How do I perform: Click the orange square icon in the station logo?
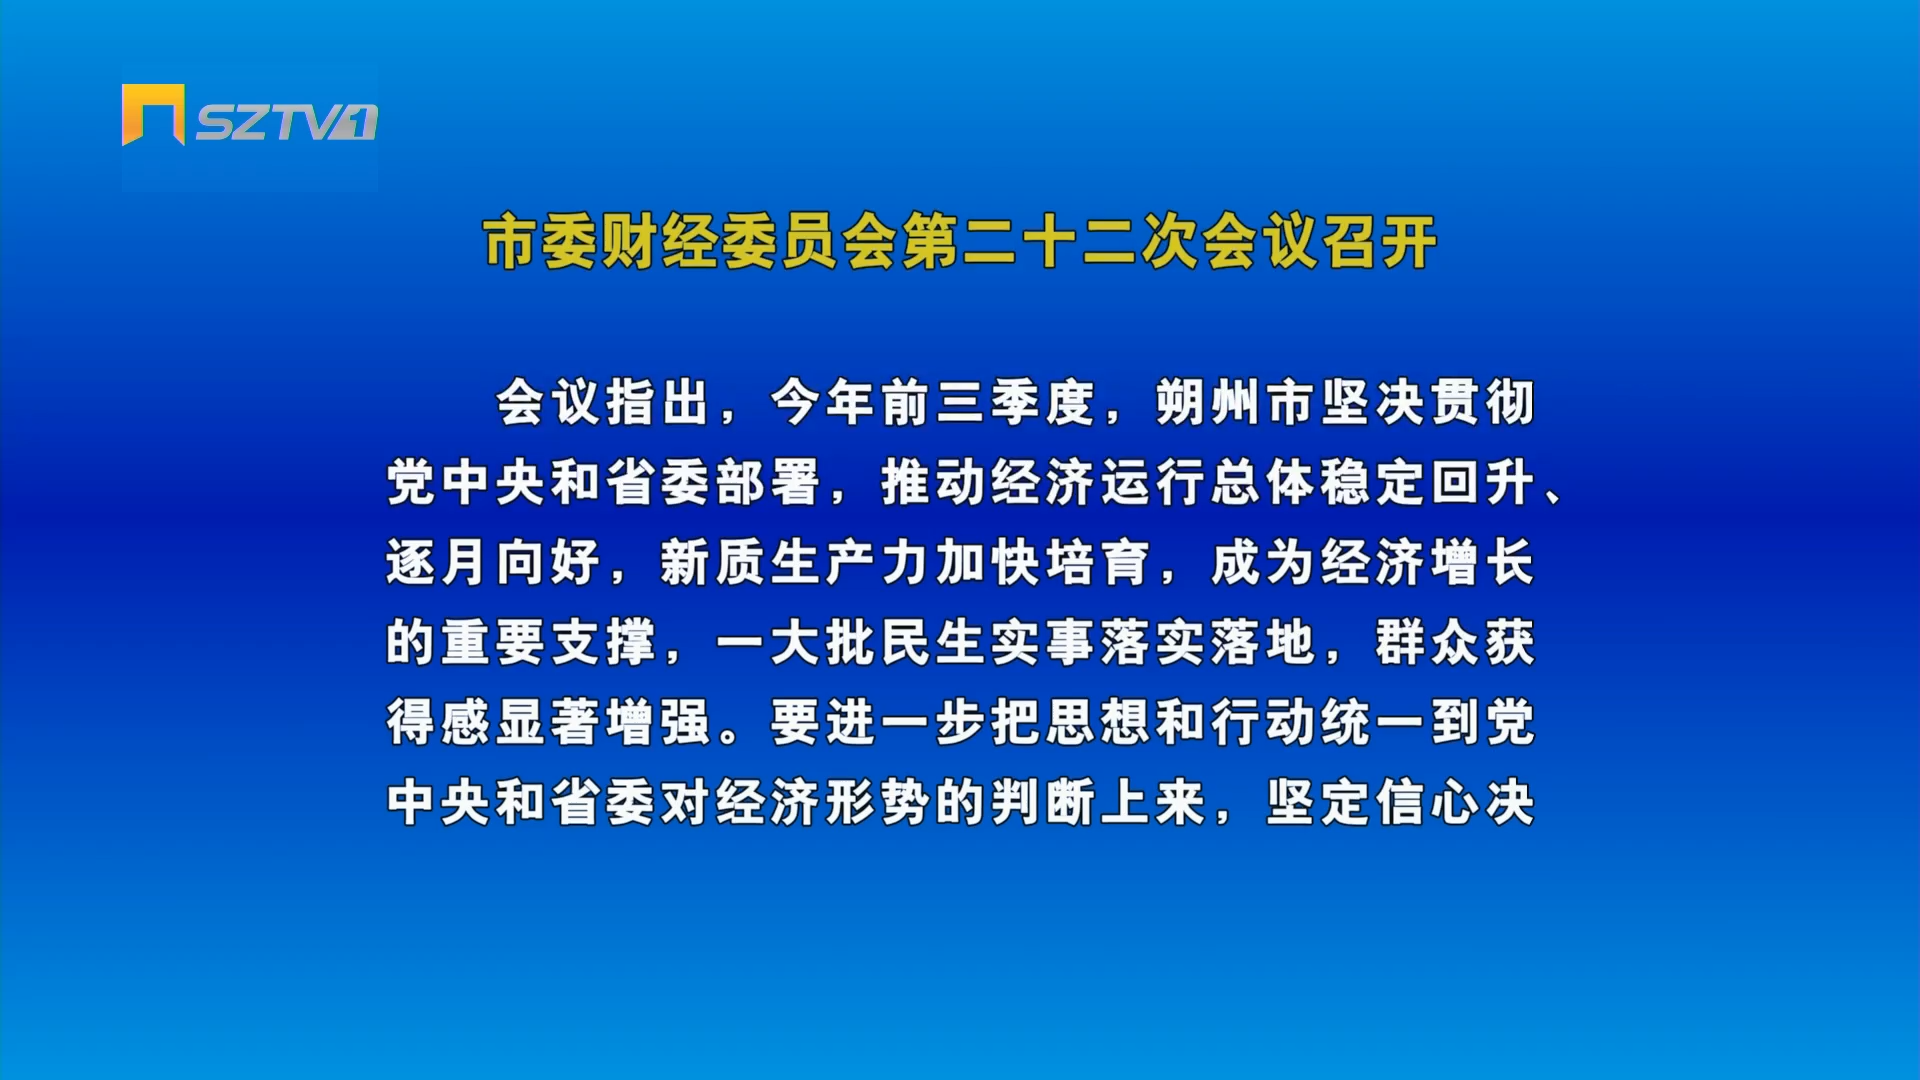tap(153, 114)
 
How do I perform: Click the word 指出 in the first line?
tap(658, 402)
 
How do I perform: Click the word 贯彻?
tap(1482, 402)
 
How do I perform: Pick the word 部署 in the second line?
tap(768, 482)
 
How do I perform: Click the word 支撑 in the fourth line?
tap(603, 642)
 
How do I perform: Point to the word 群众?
tap(1427, 642)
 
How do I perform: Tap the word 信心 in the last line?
tap(1427, 802)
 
